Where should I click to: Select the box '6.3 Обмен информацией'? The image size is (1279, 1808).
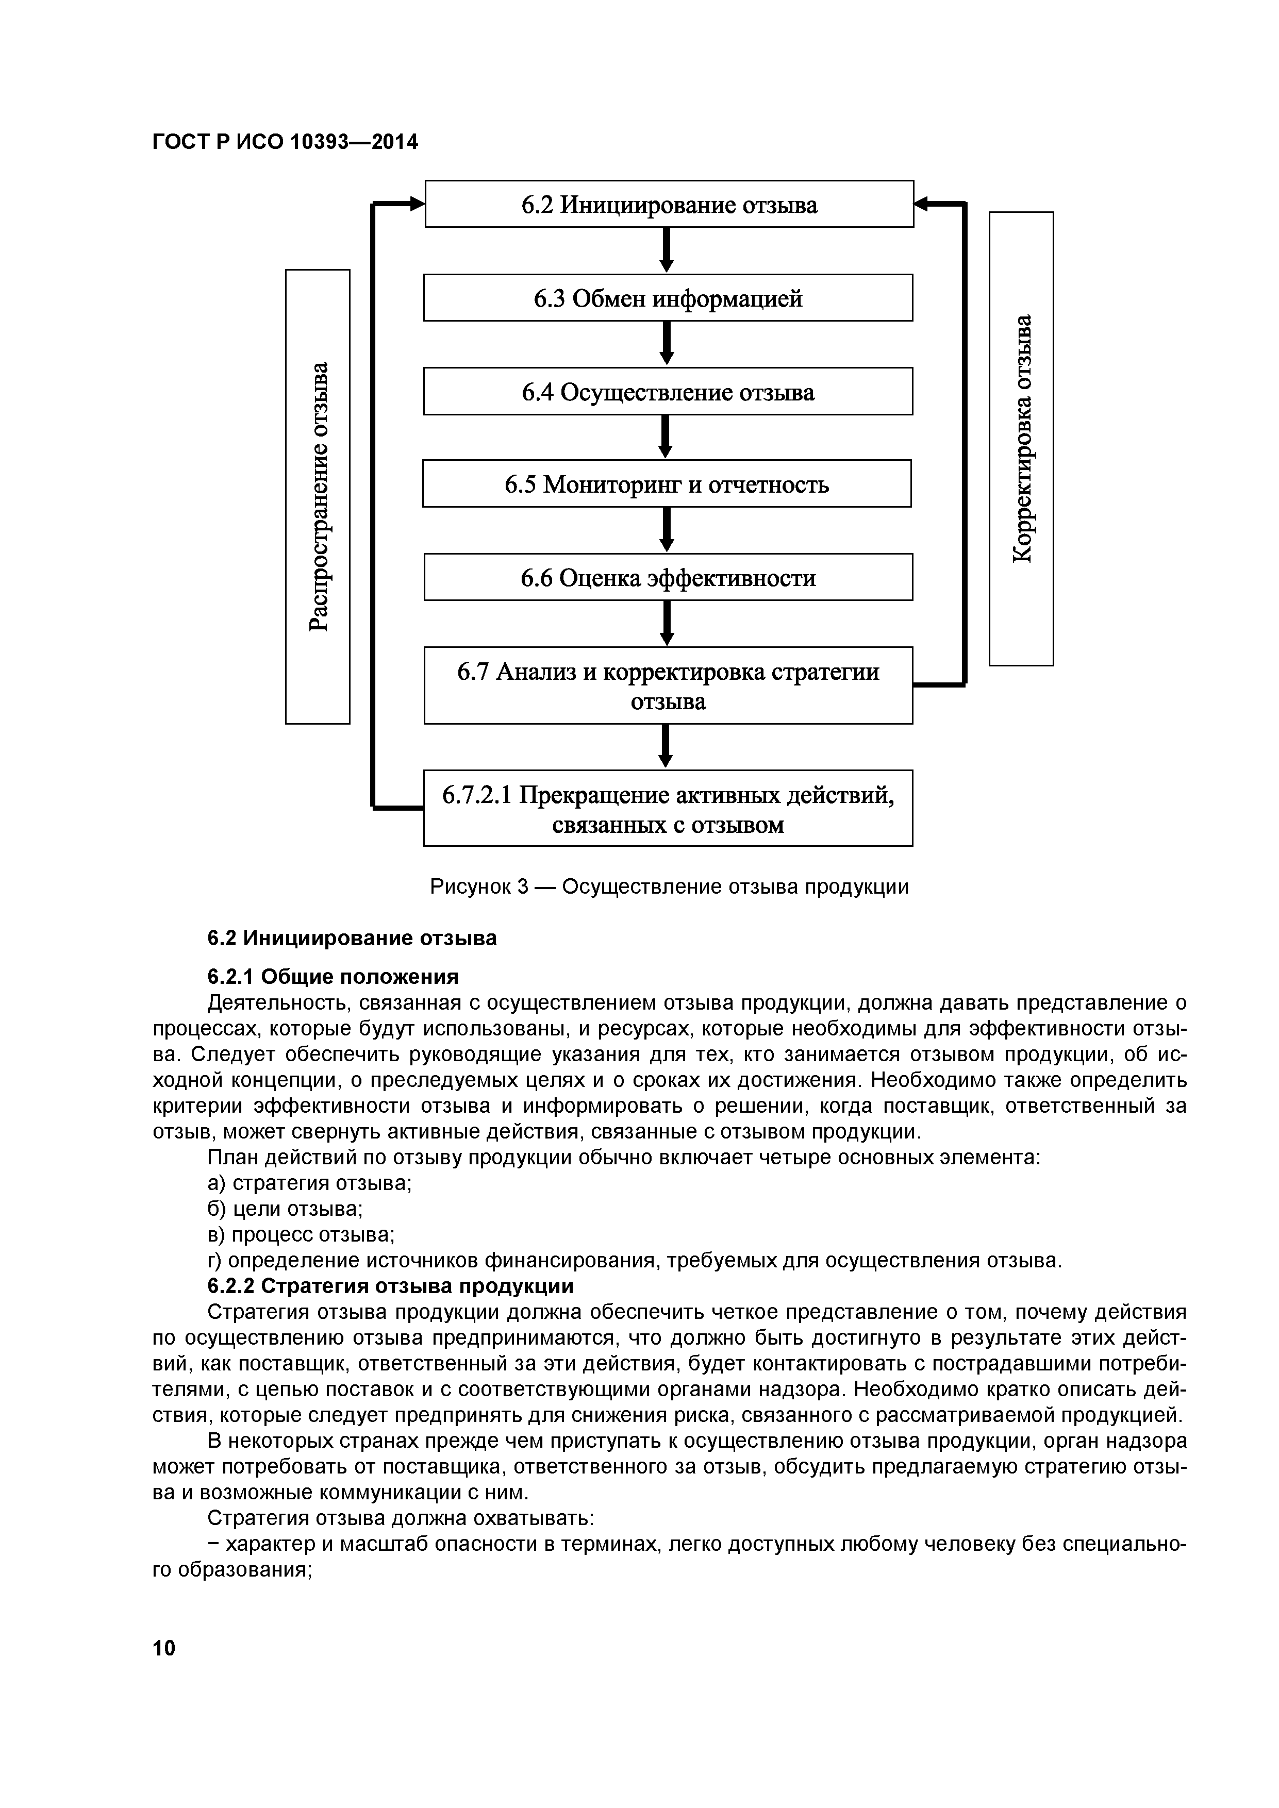click(668, 298)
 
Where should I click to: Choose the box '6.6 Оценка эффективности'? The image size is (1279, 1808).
click(668, 578)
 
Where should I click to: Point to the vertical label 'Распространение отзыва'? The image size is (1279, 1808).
click(318, 497)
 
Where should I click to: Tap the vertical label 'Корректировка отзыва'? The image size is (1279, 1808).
click(1021, 439)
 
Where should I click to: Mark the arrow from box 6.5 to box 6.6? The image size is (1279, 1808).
click(666, 530)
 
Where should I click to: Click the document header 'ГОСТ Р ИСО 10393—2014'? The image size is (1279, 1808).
click(285, 142)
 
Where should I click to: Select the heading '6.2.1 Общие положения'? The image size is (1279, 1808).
click(333, 977)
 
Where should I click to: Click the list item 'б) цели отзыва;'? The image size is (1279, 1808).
click(285, 1209)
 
